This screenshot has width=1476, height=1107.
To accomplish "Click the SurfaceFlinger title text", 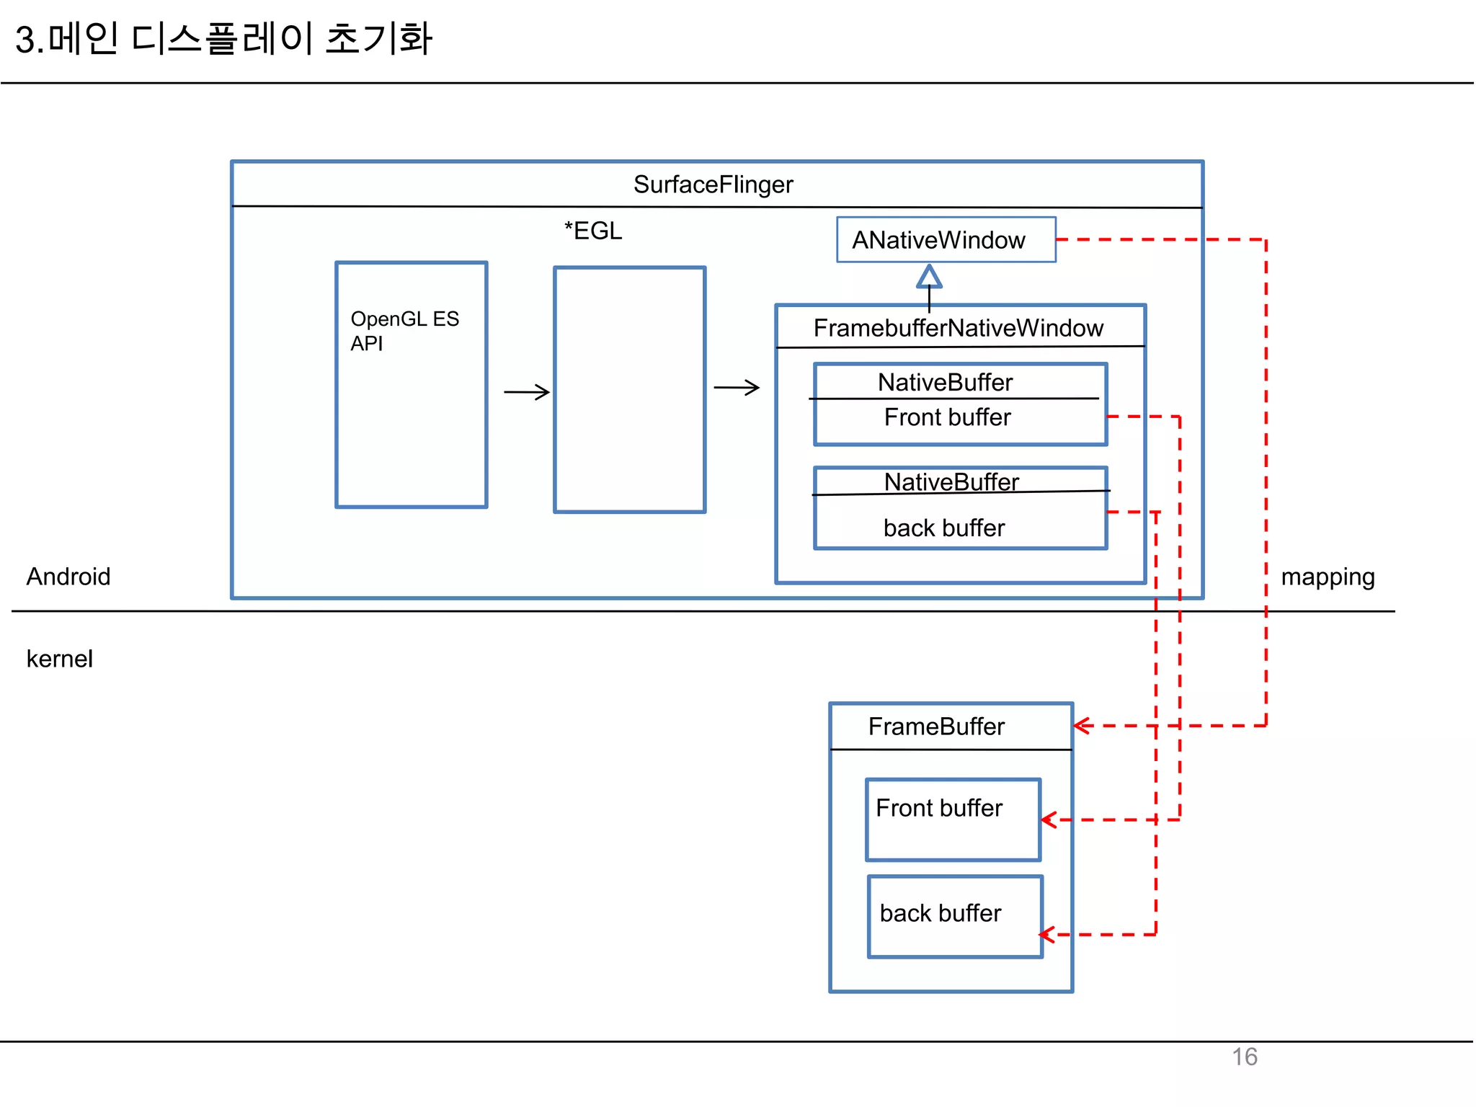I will [x=713, y=184].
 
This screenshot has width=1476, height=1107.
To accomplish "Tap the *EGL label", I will [x=592, y=231].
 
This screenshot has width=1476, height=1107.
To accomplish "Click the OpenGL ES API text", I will [x=404, y=331].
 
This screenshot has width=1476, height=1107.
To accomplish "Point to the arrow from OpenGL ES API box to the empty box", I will [x=526, y=392].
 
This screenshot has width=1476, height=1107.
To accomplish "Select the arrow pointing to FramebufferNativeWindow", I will [x=736, y=388].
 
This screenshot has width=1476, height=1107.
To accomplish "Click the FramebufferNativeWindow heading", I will [x=958, y=328].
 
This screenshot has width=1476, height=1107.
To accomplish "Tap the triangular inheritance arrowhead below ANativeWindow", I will [x=929, y=277].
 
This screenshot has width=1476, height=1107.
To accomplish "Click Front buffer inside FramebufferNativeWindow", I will [x=947, y=417].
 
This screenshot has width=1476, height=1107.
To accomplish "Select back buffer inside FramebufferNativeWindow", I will [x=943, y=528].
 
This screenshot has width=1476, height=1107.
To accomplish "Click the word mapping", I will [x=1327, y=577].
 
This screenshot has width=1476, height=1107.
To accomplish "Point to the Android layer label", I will [x=68, y=577].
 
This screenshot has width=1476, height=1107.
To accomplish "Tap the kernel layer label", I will [x=60, y=659].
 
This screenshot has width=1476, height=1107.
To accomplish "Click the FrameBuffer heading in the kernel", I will [x=935, y=726].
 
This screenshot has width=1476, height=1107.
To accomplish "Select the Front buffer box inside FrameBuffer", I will [x=953, y=819].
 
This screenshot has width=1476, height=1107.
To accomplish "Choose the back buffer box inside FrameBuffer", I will [x=954, y=916].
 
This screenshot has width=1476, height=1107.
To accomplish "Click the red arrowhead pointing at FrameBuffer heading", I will [x=1081, y=726].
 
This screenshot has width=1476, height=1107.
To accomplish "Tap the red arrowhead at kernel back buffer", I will [x=1047, y=935].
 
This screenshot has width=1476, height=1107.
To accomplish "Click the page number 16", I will [x=1244, y=1057].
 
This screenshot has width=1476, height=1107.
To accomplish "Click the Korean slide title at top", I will [x=223, y=39].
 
